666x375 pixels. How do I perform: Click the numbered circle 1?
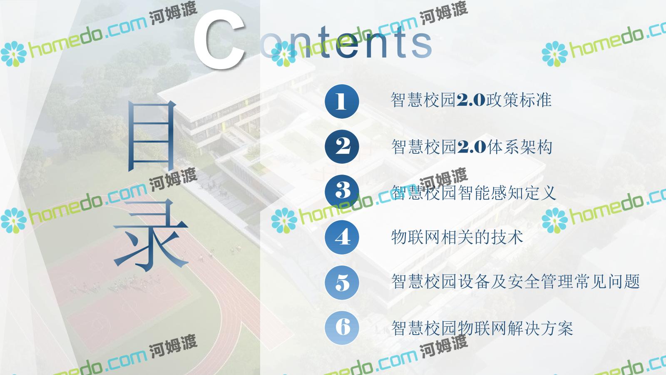click(x=342, y=101)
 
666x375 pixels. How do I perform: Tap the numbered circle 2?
click(x=342, y=146)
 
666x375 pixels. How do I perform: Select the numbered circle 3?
click(x=342, y=192)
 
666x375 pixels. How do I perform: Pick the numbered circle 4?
click(x=342, y=237)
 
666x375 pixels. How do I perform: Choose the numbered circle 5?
click(x=342, y=282)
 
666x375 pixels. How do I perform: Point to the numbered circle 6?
click(x=342, y=327)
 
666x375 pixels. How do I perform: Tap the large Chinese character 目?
click(x=152, y=136)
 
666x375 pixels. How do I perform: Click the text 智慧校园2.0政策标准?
click(x=471, y=100)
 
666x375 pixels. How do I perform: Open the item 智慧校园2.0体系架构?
click(x=472, y=147)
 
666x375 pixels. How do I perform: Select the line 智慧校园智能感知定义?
click(x=473, y=192)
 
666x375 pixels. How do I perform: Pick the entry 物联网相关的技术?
click(x=457, y=237)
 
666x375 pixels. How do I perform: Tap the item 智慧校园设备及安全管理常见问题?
click(x=515, y=282)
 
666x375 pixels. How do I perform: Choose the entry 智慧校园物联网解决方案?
click(x=482, y=328)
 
